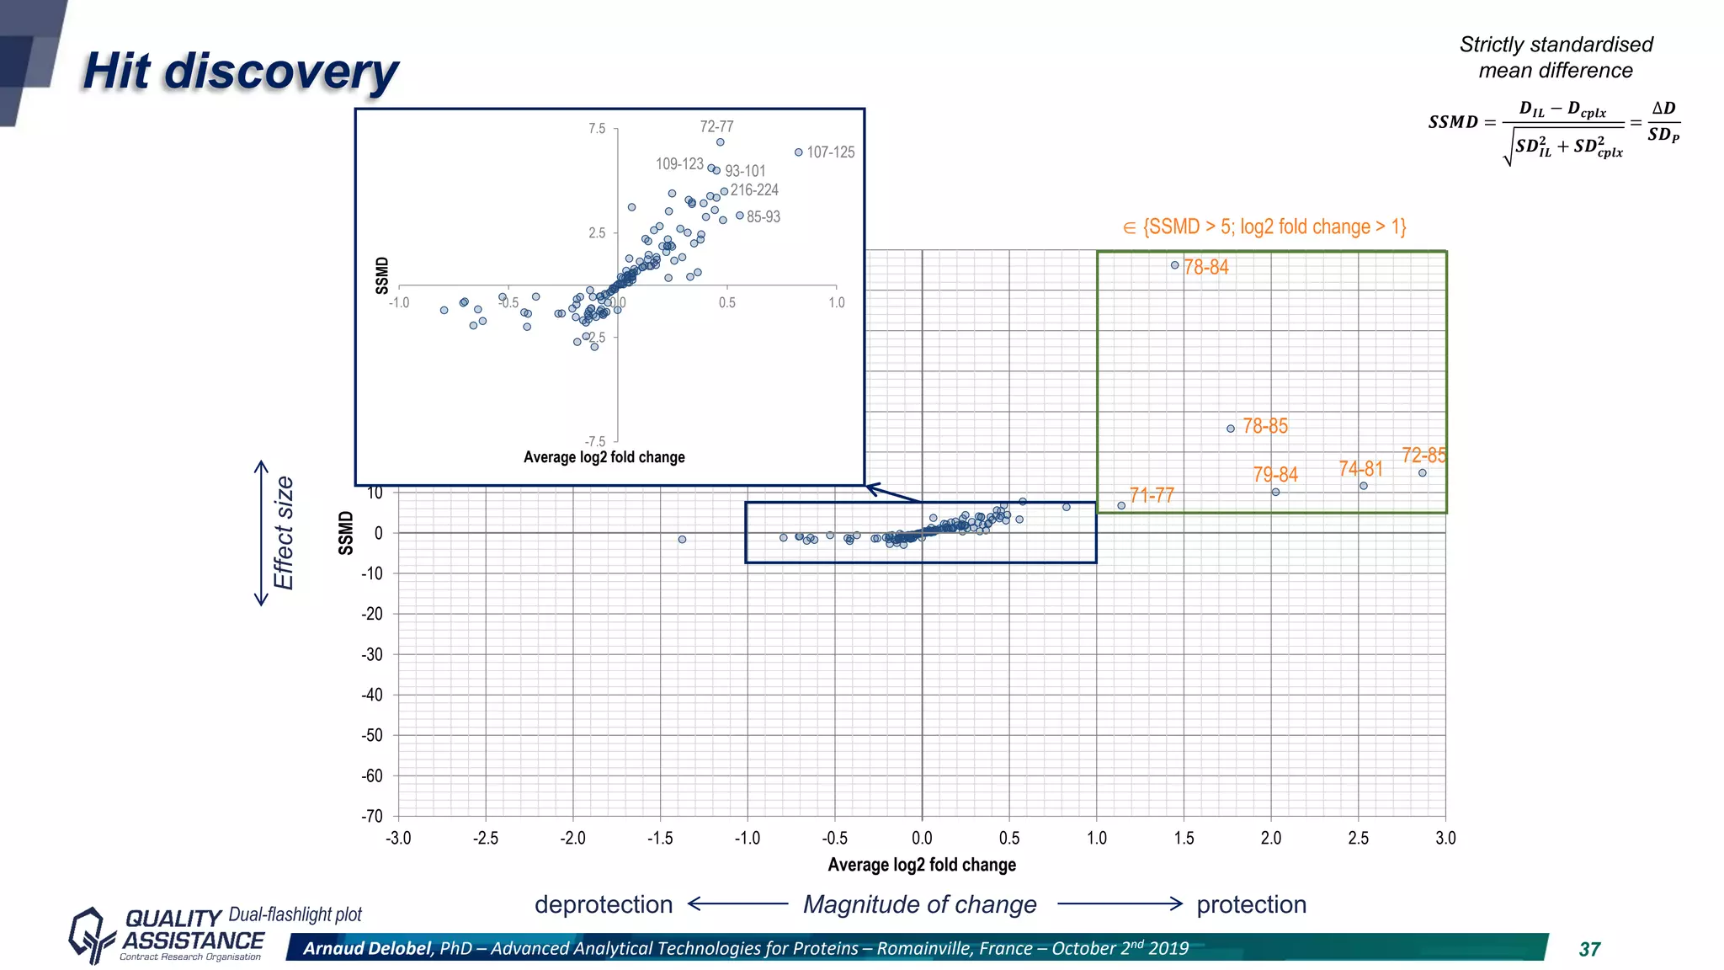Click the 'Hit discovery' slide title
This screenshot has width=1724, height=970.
240,72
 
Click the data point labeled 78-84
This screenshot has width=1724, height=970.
1174,265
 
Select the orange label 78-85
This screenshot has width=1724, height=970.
1265,426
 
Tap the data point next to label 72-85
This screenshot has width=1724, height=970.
1422,473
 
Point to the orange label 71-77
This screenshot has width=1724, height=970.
1152,495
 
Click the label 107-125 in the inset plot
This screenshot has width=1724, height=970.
830,152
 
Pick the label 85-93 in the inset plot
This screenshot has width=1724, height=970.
763,217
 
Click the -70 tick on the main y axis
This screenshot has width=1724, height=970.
372,816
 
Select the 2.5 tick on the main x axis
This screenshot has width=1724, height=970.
1358,839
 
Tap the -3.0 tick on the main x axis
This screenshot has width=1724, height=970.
398,839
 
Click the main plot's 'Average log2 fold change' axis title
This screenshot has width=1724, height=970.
922,865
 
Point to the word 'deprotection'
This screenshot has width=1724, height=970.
604,904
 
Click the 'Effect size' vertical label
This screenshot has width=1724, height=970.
284,533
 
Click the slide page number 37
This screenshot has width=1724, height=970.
1589,950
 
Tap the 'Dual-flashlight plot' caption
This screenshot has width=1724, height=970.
295,914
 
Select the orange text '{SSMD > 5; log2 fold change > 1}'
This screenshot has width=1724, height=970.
1274,227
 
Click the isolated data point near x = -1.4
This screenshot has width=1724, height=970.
682,540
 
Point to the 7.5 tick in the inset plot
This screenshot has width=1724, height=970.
596,129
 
